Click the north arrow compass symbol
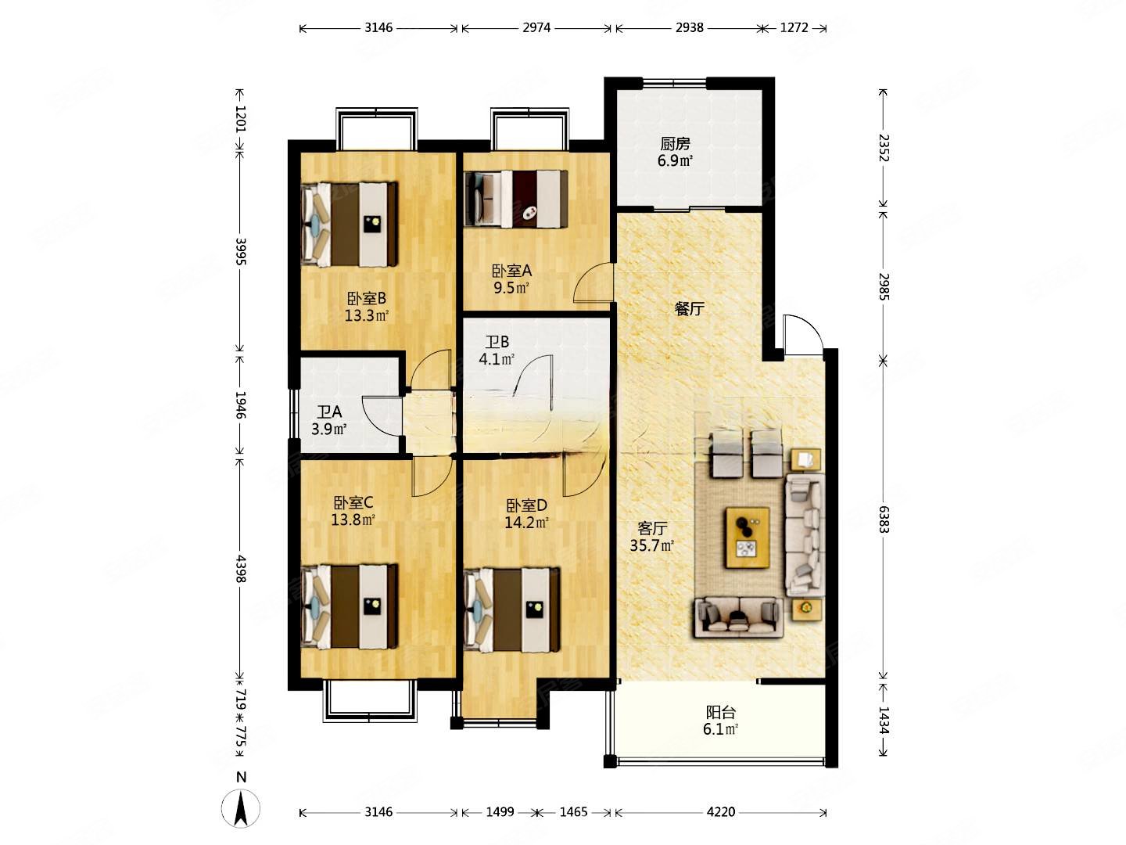click(x=241, y=808)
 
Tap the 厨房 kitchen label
click(x=675, y=144)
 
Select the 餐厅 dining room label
click(x=689, y=309)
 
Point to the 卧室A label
click(x=511, y=271)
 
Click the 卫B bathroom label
click(x=497, y=342)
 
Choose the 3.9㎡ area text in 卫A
click(x=329, y=429)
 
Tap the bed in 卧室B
click(x=350, y=225)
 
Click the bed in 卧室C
click(x=350, y=606)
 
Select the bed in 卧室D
click(x=512, y=609)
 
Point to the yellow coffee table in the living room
click(x=748, y=538)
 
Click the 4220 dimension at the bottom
click(x=721, y=812)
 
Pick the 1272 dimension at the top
click(x=794, y=27)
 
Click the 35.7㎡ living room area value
click(x=651, y=545)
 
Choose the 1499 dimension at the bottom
click(x=500, y=812)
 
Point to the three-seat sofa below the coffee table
click(x=738, y=618)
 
